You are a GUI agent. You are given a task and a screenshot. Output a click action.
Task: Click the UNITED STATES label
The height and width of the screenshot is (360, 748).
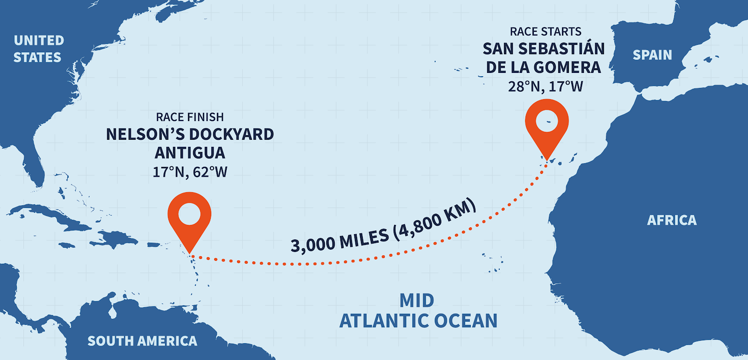[x=38, y=49]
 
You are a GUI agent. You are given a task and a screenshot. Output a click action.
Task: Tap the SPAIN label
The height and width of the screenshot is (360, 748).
[x=652, y=55]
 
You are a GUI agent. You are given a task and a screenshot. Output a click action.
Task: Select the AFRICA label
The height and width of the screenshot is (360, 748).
[x=672, y=220]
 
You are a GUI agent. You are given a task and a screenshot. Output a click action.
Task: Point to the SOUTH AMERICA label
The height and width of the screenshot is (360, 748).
[x=142, y=341]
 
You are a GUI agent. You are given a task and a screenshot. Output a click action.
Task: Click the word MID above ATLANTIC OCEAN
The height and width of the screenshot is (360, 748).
[x=417, y=301]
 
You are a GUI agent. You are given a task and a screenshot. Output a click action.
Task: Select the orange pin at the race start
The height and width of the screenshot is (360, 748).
[x=547, y=123]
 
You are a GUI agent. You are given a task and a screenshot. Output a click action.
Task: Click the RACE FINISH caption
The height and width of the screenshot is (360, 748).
[x=190, y=117]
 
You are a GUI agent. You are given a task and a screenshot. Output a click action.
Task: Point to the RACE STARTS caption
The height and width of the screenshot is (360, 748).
[x=546, y=32]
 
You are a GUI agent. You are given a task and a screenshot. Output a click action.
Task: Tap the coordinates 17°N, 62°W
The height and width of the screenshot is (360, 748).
[x=190, y=172]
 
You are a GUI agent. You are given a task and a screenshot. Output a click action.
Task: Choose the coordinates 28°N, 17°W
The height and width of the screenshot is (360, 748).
[x=546, y=86]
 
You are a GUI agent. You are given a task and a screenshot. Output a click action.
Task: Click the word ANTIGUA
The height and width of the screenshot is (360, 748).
[x=190, y=153]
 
